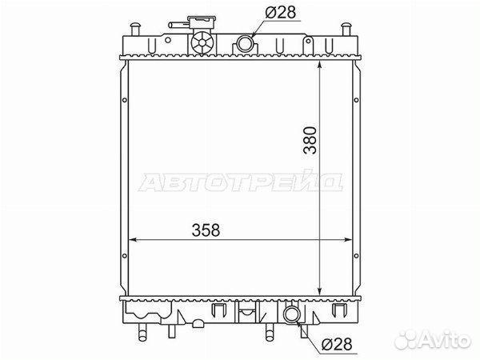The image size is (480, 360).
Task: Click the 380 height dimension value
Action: (x=310, y=140)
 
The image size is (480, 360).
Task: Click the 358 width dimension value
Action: (x=206, y=230)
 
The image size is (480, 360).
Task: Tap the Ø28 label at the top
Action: (x=281, y=13)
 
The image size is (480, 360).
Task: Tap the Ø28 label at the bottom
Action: (x=337, y=344)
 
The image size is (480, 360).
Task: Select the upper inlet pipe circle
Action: (x=245, y=43)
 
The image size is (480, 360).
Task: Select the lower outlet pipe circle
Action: (x=290, y=314)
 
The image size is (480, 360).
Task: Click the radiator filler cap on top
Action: (x=202, y=22)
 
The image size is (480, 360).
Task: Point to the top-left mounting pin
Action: (x=134, y=30)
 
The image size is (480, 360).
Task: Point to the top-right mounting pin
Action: (x=346, y=30)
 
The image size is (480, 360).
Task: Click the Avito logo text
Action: (x=446, y=339)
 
